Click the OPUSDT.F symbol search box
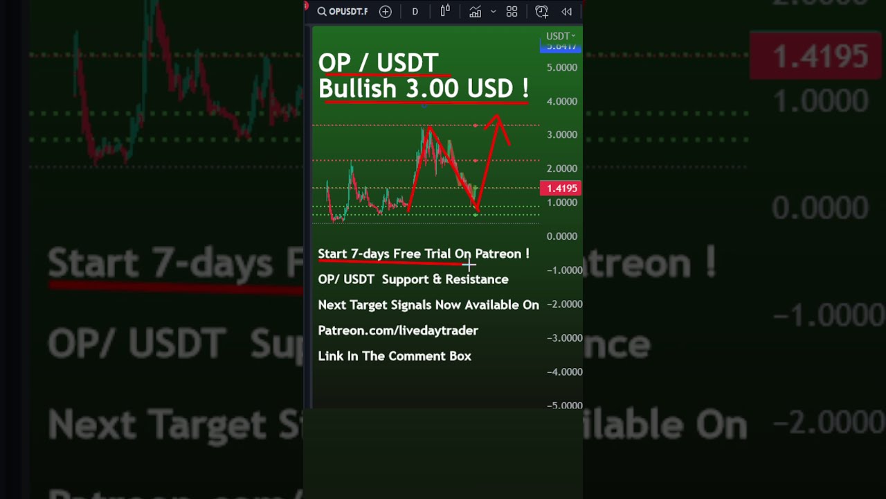pyautogui.click(x=343, y=12)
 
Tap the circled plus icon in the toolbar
pyautogui.click(x=386, y=12)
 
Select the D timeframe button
pyautogui.click(x=415, y=12)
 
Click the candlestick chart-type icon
pyautogui.click(x=445, y=11)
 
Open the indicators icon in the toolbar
pyautogui.click(x=475, y=12)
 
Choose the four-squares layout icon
pyautogui.click(x=512, y=12)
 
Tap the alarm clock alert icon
pyautogui.click(x=541, y=12)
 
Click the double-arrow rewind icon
pyautogui.click(x=566, y=12)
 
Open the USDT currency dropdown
pyautogui.click(x=560, y=36)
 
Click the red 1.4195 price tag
pyautogui.click(x=561, y=188)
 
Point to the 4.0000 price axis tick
pyautogui.click(x=562, y=101)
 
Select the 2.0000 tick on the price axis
pyautogui.click(x=562, y=168)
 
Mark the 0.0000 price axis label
pyautogui.click(x=562, y=236)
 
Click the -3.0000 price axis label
pyautogui.click(x=564, y=338)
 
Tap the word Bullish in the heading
pyautogui.click(x=357, y=89)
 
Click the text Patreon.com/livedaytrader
pyautogui.click(x=398, y=331)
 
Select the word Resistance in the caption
pyautogui.click(x=477, y=279)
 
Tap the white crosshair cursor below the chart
pyautogui.click(x=469, y=263)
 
